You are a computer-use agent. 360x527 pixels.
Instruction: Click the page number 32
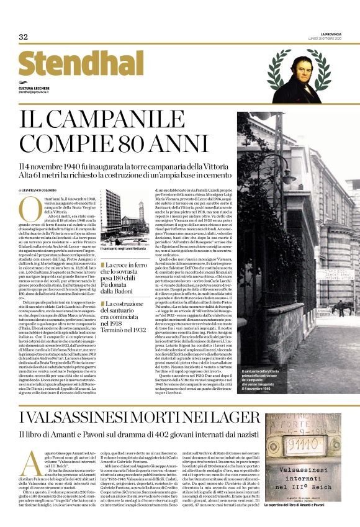tap(24, 37)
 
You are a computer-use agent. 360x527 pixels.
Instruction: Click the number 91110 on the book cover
tap(301, 462)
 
